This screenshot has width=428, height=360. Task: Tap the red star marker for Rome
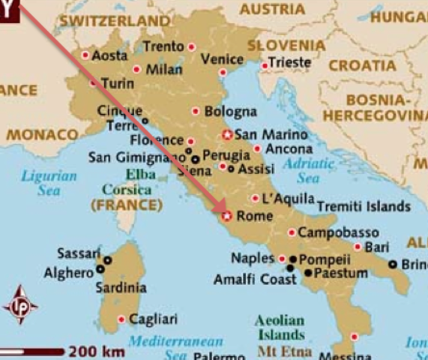[x=227, y=217]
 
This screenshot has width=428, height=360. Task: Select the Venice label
[x=223, y=58]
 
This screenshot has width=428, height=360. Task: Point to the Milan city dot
[x=136, y=69]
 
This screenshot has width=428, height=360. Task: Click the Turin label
[x=117, y=82]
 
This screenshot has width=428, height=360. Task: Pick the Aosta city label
[x=109, y=55]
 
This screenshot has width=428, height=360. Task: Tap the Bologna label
[x=232, y=112]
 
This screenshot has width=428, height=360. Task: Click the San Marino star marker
[x=228, y=135]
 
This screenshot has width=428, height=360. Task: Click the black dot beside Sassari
[x=107, y=260]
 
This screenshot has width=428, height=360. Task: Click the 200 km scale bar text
[x=97, y=350]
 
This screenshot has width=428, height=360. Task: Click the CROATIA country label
[x=362, y=65]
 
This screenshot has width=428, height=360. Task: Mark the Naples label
[x=253, y=258]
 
